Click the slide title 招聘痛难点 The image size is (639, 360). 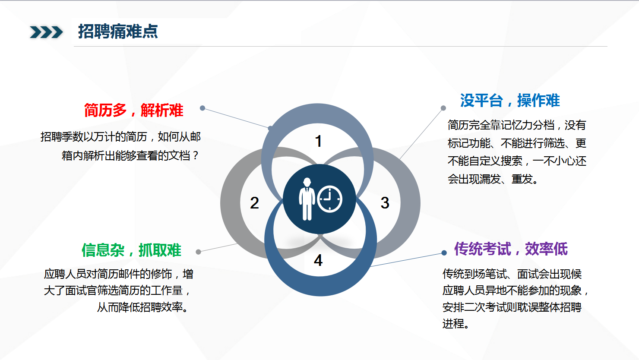(118, 32)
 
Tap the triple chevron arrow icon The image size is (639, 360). (46, 32)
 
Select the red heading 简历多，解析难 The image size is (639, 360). (133, 111)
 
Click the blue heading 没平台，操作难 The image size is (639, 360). (510, 101)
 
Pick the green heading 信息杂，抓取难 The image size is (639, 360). (132, 250)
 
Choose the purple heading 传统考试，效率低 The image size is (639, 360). (511, 249)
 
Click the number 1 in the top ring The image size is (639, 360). (318, 141)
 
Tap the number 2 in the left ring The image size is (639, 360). (254, 203)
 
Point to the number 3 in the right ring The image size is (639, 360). (385, 203)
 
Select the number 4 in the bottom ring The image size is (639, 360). (318, 260)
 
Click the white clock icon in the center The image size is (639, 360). (330, 199)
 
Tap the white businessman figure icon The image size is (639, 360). (307, 199)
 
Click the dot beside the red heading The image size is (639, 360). (202, 108)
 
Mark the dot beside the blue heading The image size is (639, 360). (443, 108)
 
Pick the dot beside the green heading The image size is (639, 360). (199, 252)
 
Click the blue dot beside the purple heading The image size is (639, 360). (444, 253)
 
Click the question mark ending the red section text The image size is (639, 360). (196, 156)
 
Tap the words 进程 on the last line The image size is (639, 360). (453, 324)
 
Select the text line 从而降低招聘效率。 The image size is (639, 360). (142, 307)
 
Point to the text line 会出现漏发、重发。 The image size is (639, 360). (493, 179)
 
